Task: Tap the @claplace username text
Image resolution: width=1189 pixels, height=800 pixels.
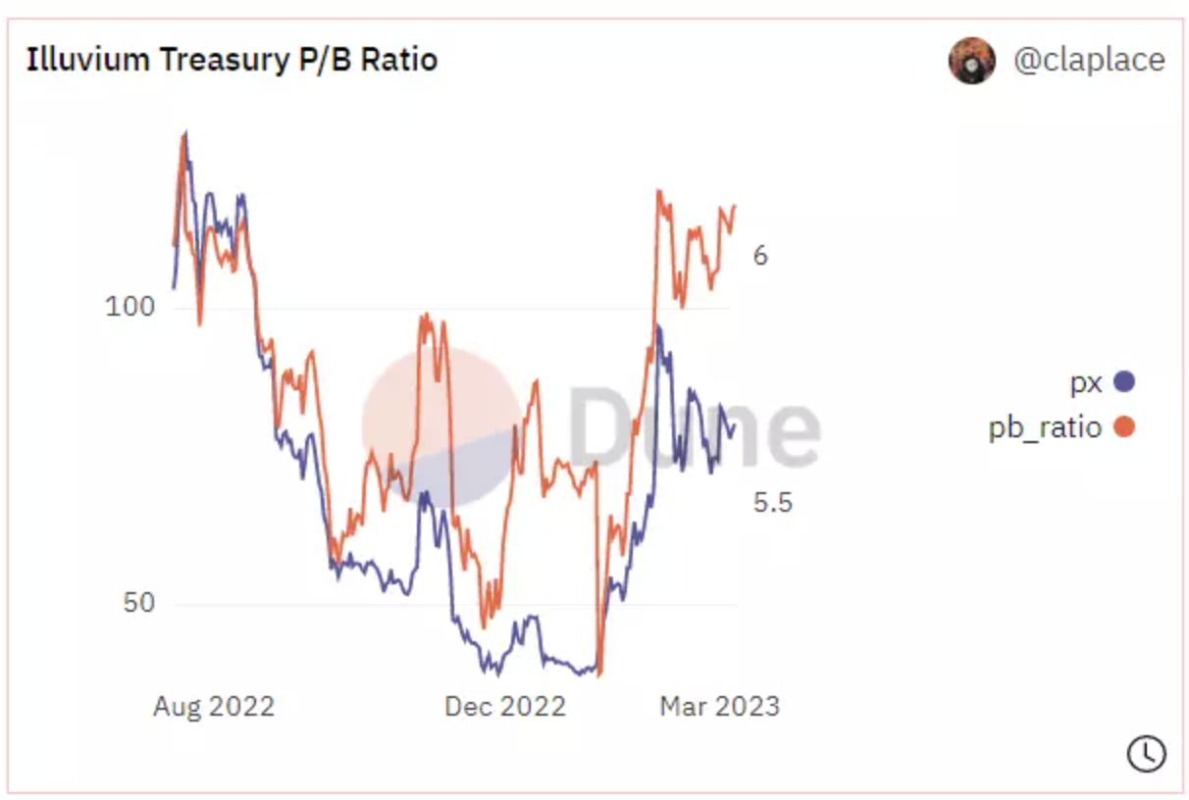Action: [1089, 60]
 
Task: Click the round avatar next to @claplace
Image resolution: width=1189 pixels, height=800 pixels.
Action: [971, 61]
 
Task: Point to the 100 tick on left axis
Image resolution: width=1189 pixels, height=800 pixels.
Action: [129, 307]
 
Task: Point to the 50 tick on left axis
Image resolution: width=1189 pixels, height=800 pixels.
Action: [138, 603]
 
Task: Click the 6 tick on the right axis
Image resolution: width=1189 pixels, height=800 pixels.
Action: [760, 256]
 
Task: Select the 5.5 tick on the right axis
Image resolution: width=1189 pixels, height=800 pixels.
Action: [772, 503]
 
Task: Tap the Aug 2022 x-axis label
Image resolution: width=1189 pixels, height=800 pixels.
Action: [213, 707]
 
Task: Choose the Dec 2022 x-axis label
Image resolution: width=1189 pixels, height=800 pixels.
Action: [504, 707]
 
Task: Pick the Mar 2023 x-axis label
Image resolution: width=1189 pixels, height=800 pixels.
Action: [719, 707]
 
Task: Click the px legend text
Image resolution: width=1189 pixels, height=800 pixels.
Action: [1086, 382]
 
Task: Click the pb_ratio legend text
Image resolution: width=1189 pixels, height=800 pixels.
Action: [1045, 427]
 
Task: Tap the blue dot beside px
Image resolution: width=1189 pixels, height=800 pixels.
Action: [1124, 381]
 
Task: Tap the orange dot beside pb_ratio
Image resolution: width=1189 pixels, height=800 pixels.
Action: [1124, 427]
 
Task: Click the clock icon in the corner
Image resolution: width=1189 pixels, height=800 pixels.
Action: [1146, 753]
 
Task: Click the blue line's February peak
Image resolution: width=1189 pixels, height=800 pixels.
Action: [658, 327]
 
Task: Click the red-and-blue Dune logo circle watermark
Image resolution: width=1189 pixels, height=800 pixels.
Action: [441, 426]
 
